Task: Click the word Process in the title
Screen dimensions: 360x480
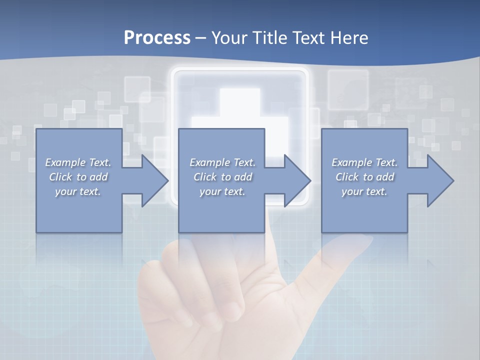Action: tap(157, 38)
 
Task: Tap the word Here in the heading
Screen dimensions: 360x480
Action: tap(349, 38)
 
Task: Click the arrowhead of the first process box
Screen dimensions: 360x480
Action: tap(155, 180)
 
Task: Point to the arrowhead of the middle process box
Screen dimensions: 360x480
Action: tap(297, 180)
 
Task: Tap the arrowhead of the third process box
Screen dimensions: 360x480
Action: tap(440, 180)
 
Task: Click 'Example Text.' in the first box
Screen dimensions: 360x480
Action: tap(78, 162)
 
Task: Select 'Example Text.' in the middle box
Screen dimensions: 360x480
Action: tap(222, 162)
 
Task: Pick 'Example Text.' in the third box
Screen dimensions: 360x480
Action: tap(364, 162)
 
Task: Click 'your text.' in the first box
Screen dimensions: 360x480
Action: tap(78, 191)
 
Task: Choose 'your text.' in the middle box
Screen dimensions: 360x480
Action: tap(222, 191)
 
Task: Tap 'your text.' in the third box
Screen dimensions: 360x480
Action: tap(364, 191)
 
